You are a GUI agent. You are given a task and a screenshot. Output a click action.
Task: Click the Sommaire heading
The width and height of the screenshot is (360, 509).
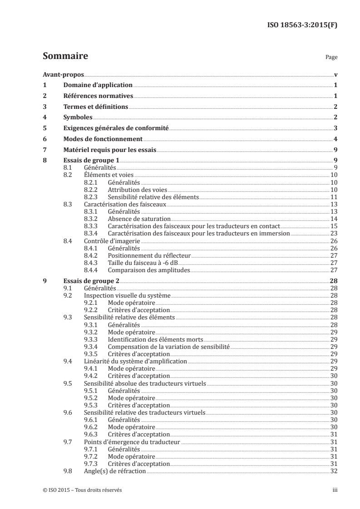65,56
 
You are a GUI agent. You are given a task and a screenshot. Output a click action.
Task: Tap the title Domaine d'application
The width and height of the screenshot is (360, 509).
98,85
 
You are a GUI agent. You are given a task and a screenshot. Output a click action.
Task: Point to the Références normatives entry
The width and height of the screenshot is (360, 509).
98,96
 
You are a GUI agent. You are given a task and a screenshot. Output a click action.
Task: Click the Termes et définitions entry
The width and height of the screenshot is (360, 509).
95,107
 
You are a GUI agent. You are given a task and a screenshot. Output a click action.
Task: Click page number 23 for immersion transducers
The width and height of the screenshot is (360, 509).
333,233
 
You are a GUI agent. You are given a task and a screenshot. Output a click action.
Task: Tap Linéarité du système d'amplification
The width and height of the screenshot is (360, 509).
135,361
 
